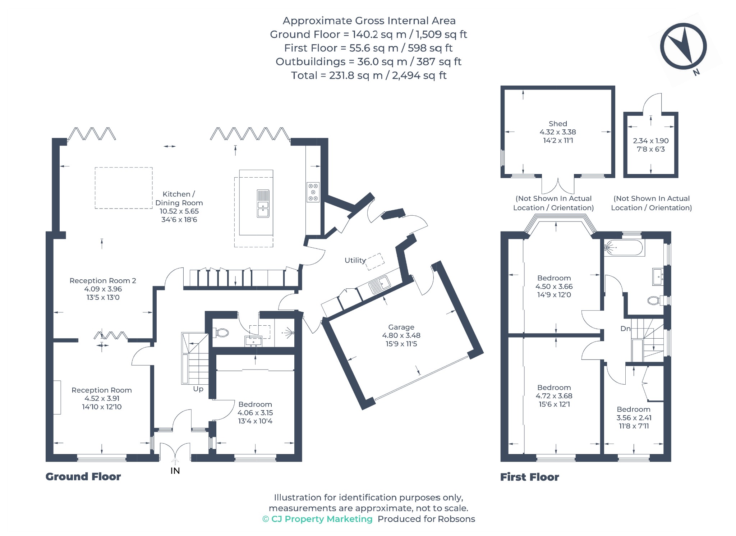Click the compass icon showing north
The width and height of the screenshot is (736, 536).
tap(683, 46)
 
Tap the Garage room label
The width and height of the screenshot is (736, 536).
tap(401, 327)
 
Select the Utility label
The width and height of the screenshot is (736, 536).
tap(355, 260)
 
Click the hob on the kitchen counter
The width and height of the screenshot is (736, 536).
tap(313, 192)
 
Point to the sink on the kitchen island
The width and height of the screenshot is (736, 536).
tap(263, 203)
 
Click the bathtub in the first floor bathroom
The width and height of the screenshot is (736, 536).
tap(624, 248)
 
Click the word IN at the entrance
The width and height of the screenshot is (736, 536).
tap(175, 471)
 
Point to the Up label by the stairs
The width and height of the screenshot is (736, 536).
tap(198, 389)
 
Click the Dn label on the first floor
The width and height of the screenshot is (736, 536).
tap(625, 329)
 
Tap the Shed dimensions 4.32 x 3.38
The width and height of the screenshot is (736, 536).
tap(558, 132)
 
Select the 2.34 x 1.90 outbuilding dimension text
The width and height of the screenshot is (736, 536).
tap(651, 141)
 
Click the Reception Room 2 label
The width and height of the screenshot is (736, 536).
tap(103, 281)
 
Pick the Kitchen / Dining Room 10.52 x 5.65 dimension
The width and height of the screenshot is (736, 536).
tap(179, 211)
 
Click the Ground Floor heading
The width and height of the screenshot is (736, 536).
tap(83, 477)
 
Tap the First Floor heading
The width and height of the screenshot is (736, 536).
tap(530, 477)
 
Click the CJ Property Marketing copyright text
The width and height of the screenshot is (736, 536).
tap(317, 519)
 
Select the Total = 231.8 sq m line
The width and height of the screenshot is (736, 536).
tap(369, 75)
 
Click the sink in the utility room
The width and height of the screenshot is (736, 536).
tap(379, 285)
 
